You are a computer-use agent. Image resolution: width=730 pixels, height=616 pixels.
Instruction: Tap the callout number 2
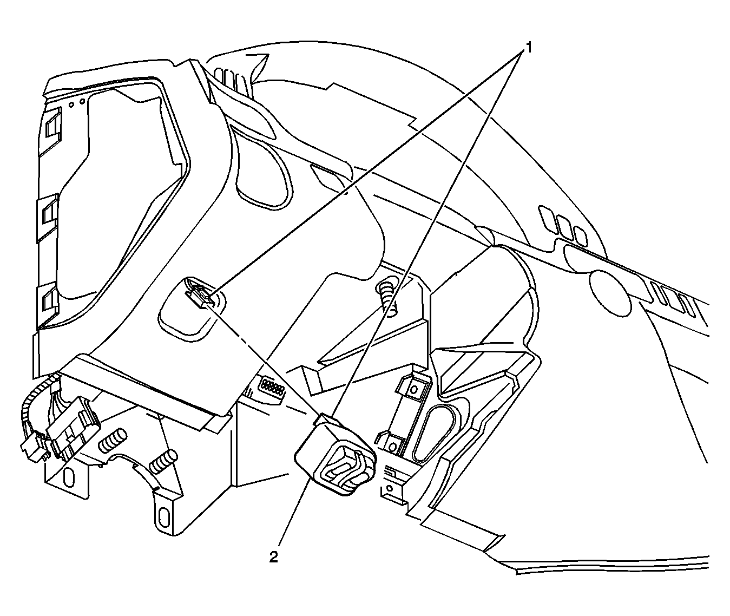pos(273,557)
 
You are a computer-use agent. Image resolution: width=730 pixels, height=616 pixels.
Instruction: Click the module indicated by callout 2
pos(335,455)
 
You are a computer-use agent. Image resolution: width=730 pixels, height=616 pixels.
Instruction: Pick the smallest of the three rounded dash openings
pos(581,236)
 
